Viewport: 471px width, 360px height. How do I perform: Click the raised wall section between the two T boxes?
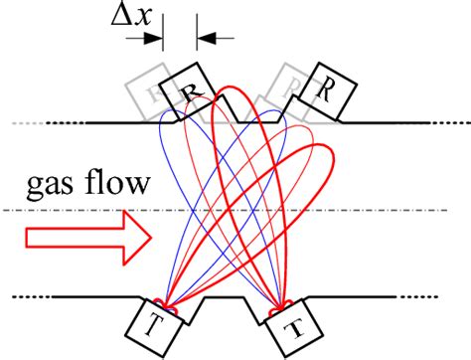(227, 297)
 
